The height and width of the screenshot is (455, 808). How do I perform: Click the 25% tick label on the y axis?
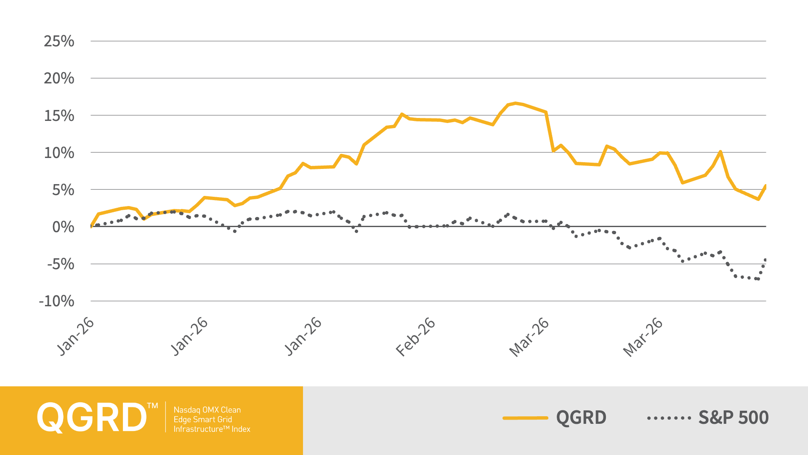tap(59, 41)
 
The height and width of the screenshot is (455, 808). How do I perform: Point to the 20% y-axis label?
tap(59, 78)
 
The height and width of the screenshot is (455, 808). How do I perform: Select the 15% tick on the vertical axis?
tap(59, 115)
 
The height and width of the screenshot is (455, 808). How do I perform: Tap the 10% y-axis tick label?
tap(59, 153)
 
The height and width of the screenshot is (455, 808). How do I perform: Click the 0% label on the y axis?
tap(63, 227)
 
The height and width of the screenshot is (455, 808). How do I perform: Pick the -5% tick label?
tap(60, 264)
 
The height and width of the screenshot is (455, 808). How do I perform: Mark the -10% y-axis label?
tap(56, 301)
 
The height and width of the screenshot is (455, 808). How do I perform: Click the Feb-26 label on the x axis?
tap(416, 337)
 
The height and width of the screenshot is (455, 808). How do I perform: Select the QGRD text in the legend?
tap(581, 418)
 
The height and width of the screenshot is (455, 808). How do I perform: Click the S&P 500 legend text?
tap(734, 418)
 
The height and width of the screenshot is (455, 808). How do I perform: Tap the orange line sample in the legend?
tap(526, 418)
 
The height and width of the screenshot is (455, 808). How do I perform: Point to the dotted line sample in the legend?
tap(669, 418)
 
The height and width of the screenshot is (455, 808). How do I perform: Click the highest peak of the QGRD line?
tap(516, 103)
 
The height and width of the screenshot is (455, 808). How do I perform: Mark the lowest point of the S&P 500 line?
tap(758, 279)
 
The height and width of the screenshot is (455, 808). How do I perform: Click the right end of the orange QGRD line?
tap(765, 186)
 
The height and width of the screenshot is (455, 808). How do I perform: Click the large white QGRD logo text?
tap(91, 418)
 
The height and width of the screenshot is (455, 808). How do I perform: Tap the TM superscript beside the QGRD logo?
tap(152, 406)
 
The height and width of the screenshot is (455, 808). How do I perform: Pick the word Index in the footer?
tap(241, 429)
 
